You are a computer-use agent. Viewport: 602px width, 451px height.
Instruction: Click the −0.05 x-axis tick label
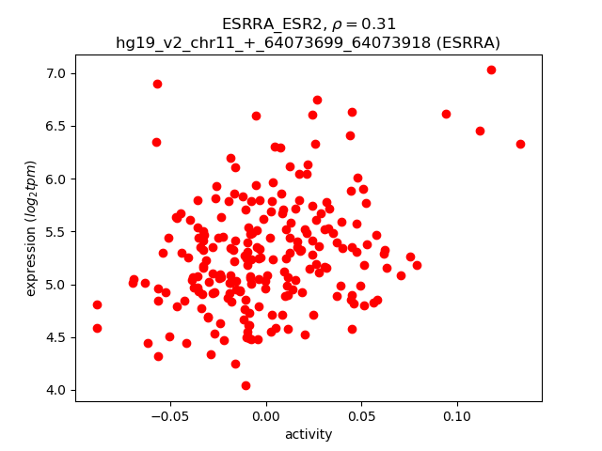[x=168, y=415]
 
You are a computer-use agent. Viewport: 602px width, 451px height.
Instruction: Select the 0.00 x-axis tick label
[x=266, y=415]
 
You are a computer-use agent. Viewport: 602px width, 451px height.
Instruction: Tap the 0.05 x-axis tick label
[x=362, y=415]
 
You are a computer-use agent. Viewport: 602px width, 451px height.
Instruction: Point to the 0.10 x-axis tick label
[x=457, y=415]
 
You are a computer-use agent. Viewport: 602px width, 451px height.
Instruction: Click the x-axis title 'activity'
[x=309, y=434]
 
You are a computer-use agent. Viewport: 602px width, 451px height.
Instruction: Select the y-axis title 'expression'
[x=31, y=228]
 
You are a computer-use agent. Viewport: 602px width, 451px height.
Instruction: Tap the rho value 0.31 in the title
[x=380, y=23]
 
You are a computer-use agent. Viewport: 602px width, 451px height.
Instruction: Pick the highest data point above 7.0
[x=491, y=70]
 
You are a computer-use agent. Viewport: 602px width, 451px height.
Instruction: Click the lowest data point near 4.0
[x=246, y=385]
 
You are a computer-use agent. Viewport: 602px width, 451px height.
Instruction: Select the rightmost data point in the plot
[x=520, y=144]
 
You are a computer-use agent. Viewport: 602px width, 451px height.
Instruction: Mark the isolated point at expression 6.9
[x=157, y=84]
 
